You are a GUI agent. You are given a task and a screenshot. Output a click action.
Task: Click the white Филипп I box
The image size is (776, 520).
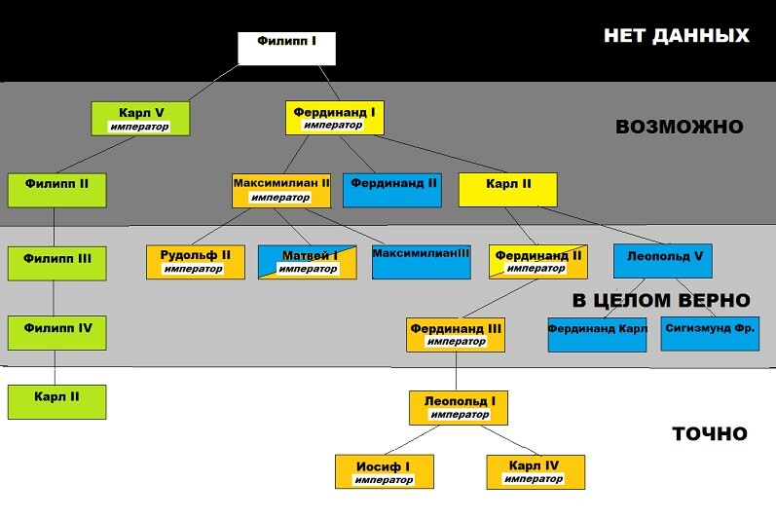point(287,49)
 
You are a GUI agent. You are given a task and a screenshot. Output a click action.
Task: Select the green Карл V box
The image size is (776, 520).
point(140,119)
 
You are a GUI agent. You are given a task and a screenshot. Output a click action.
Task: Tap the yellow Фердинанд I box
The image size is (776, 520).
point(334,118)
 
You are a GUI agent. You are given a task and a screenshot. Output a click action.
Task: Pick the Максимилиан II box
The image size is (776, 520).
point(281,189)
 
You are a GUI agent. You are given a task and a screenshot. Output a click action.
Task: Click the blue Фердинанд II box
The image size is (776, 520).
point(393,189)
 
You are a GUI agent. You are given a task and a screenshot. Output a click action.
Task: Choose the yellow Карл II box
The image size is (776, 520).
point(507,189)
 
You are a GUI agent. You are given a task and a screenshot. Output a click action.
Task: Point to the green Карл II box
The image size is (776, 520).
point(56,401)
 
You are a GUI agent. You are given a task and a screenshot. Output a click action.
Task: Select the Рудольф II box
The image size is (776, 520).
point(195,261)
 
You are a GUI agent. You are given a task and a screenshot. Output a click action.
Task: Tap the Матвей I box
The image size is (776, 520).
point(308,261)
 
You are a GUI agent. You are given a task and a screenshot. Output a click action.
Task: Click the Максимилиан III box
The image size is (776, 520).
point(421,261)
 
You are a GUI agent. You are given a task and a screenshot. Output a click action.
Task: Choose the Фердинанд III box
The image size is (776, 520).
point(455,334)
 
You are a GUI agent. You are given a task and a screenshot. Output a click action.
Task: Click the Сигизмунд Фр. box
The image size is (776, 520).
point(709,334)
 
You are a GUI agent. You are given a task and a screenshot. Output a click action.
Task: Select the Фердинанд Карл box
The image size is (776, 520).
point(597,334)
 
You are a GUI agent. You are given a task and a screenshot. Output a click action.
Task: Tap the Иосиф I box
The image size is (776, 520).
point(384,471)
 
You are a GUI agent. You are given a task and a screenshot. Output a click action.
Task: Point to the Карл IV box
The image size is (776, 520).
point(536,471)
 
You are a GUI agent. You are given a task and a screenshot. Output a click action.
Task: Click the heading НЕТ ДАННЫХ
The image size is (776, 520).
point(676,36)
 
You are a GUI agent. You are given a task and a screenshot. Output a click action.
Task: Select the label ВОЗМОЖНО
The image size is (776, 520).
point(679,127)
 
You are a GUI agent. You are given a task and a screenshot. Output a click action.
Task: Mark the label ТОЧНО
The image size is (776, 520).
point(709,433)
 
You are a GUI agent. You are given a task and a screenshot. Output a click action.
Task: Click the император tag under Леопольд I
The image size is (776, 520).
point(460,415)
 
